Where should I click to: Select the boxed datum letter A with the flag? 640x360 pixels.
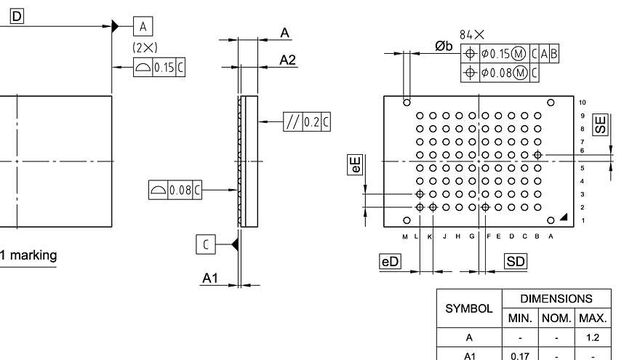click(x=143, y=27)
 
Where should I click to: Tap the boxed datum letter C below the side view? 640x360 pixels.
click(x=205, y=245)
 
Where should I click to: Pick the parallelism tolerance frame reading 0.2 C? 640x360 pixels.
click(x=306, y=122)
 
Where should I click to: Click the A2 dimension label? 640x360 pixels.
click(x=288, y=60)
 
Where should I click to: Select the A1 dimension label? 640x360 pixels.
click(x=210, y=278)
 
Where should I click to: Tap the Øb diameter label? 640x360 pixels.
click(x=444, y=46)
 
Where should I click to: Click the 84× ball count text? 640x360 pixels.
click(x=472, y=34)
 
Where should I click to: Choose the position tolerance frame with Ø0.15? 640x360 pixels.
click(x=511, y=53)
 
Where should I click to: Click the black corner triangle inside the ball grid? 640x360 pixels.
click(x=564, y=218)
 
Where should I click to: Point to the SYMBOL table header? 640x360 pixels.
click(x=469, y=308)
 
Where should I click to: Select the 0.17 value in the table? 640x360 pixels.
click(x=519, y=356)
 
